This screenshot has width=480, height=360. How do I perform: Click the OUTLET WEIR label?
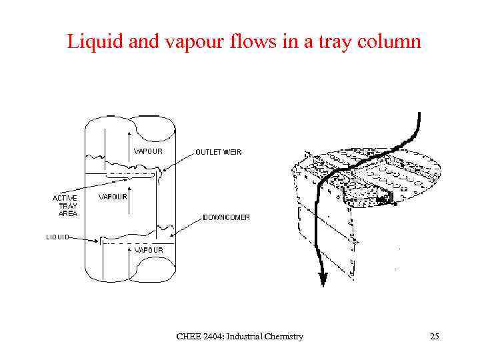(x=219, y=152)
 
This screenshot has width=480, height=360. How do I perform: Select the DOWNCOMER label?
(x=227, y=217)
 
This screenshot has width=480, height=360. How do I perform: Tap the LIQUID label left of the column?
(x=57, y=237)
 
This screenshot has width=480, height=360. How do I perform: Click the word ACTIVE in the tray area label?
(x=65, y=198)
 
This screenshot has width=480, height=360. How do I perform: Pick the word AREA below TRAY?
(x=67, y=214)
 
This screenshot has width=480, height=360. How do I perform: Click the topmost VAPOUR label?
(x=149, y=151)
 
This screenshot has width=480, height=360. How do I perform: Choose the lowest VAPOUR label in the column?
(x=149, y=250)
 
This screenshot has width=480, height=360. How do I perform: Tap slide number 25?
(x=435, y=337)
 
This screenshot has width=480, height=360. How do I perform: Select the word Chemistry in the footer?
(x=283, y=337)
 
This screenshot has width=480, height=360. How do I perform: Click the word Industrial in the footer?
(x=245, y=337)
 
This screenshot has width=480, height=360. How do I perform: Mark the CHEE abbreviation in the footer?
(x=187, y=337)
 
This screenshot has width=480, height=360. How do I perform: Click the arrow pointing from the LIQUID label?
(x=85, y=237)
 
